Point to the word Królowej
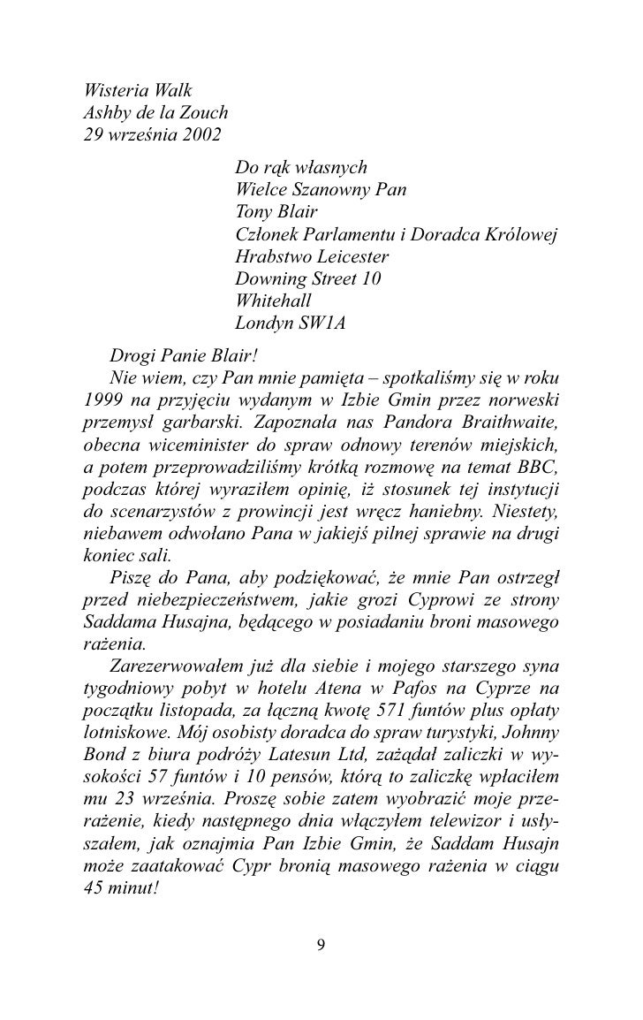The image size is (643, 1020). (521, 234)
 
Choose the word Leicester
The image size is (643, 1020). (352, 257)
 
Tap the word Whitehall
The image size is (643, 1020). (273, 301)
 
